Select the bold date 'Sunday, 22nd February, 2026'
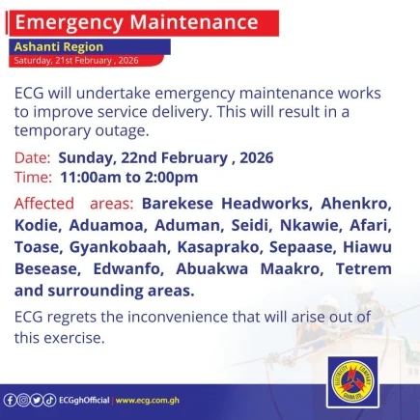click(x=166, y=157)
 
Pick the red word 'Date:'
click(x=34, y=157)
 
